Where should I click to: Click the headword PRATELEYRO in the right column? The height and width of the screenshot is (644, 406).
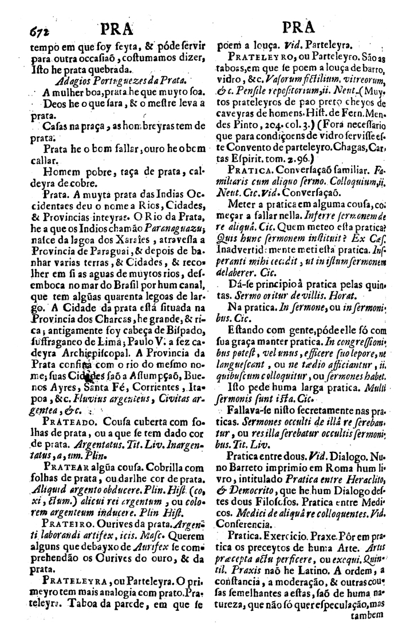coord(258,57)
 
